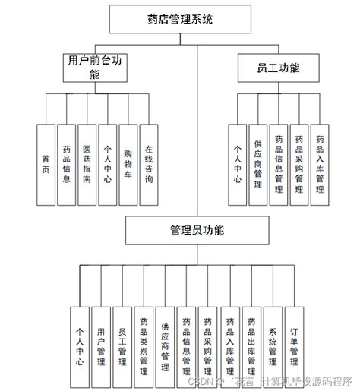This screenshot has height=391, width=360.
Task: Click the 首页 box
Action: pos(46,165)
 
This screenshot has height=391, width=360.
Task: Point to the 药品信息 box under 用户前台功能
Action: pos(67,165)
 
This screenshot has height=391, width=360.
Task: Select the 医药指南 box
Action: pos(87,165)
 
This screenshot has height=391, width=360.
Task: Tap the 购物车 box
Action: pos(128,165)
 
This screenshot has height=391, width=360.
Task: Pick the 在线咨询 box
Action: pos(149,165)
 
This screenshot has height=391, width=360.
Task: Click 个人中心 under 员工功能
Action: pos(238,165)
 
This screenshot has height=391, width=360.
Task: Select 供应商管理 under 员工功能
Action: pos(258,165)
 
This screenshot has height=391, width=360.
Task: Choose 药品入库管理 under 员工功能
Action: pos(321,165)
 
